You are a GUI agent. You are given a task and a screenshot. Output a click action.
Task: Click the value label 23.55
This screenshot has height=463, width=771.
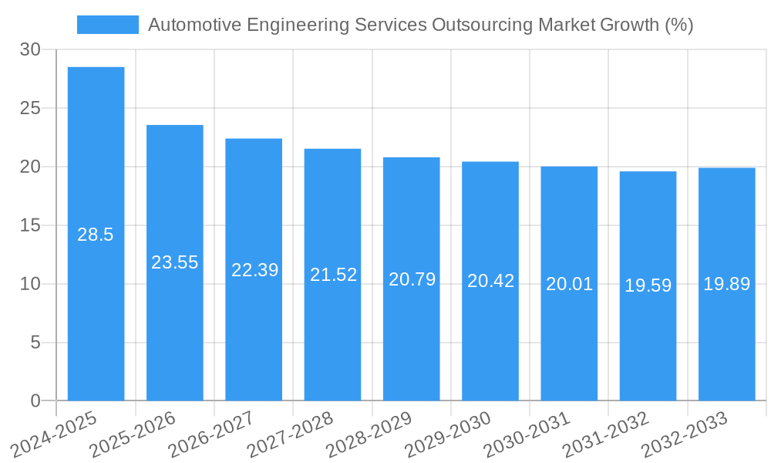tap(175, 262)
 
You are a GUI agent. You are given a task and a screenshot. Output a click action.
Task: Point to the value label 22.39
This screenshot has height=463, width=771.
tap(255, 270)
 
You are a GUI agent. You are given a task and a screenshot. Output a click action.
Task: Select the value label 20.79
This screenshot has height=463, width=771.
tap(412, 279)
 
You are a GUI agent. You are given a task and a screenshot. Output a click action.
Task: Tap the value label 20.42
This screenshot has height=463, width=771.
tap(491, 281)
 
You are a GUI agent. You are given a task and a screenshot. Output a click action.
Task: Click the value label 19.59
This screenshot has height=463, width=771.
tap(648, 286)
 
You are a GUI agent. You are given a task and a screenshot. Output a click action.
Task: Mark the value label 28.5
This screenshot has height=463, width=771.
tap(96, 235)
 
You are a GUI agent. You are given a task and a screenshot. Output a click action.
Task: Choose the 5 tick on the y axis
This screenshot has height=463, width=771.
tap(35, 343)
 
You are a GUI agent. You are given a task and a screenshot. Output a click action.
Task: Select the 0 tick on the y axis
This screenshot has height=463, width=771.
tap(35, 401)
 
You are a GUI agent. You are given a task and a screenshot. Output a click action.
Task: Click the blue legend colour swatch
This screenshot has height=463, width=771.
tap(108, 25)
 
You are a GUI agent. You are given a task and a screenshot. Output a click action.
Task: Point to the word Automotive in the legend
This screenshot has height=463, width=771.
tap(192, 25)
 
